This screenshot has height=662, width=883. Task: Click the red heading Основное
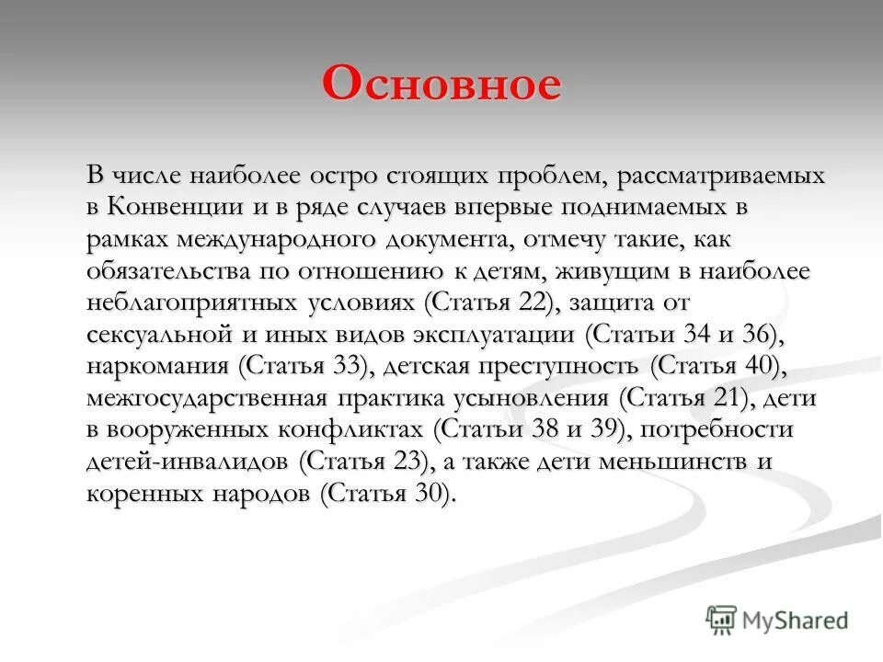pos(441,86)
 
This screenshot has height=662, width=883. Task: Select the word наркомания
pos(157,366)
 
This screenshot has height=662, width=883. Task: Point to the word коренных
pos(139,494)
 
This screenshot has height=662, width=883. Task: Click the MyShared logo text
pos(797,620)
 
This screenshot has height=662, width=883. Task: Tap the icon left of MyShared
pos(722,620)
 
